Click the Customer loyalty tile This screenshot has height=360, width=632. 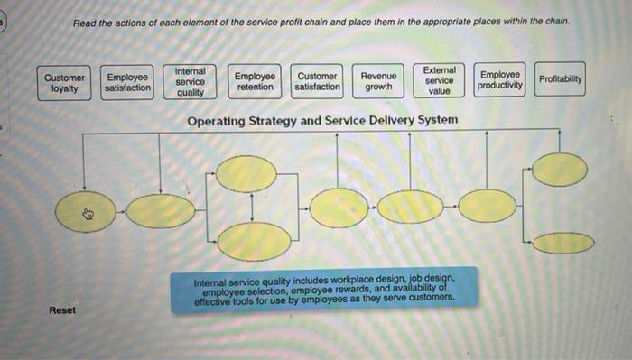coord(65,83)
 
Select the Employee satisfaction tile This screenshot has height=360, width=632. coord(128,83)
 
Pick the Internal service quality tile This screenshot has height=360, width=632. coord(190,81)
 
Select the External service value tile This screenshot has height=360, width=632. coord(440,80)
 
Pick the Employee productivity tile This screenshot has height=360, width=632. coord(500,80)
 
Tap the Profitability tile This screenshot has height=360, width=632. coord(561,79)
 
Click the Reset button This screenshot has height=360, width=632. coord(63,310)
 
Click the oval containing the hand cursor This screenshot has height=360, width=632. coord(87,213)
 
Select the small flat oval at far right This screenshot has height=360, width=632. coord(563,243)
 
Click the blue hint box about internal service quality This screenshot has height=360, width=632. coord(324,290)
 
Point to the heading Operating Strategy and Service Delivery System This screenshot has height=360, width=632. coord(321,120)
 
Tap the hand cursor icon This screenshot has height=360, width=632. coord(88,214)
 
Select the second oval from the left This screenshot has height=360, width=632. coord(161,211)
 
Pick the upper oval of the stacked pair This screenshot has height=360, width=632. coord(246,174)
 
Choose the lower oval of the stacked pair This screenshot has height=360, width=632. coord(255,241)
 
